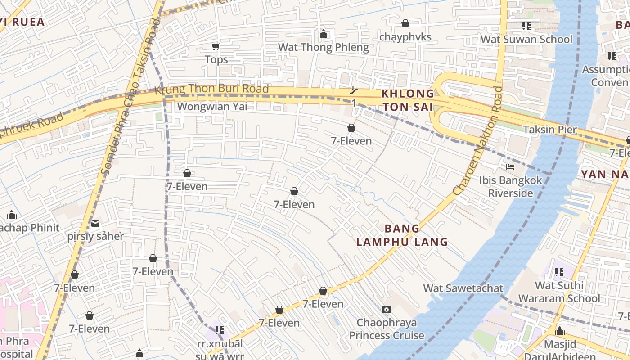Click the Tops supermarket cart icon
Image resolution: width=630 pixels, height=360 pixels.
click(x=216, y=46)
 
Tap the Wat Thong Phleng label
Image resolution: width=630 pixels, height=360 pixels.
click(x=323, y=47)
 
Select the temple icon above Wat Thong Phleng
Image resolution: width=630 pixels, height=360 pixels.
click(x=323, y=34)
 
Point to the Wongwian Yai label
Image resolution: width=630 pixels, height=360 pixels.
click(x=212, y=107)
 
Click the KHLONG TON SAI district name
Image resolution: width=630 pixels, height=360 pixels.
click(x=408, y=100)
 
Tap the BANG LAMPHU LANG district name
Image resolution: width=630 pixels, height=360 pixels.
click(x=402, y=235)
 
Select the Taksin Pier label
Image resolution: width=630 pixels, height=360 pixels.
click(x=549, y=130)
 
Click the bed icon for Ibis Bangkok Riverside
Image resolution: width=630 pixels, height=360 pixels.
click(x=510, y=167)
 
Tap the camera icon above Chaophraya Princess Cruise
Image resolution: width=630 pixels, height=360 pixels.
click(x=386, y=309)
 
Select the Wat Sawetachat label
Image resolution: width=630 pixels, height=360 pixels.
click(x=463, y=288)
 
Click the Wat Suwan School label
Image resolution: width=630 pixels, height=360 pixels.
click(x=526, y=39)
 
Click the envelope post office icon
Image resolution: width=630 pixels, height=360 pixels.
click(x=95, y=223)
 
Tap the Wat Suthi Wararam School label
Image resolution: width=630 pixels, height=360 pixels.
click(x=559, y=292)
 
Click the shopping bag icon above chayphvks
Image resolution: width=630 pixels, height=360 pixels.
click(x=405, y=23)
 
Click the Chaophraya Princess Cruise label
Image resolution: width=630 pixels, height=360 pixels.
click(x=387, y=329)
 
